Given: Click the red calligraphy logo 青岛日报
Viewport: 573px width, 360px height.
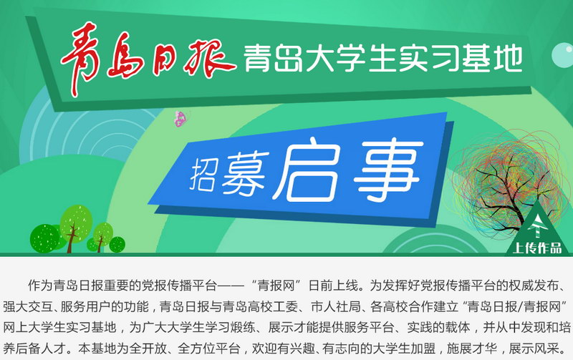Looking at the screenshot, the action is click(148, 59).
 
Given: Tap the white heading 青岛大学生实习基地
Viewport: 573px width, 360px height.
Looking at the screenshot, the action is click(383, 58).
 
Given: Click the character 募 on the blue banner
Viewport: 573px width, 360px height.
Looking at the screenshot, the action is click(245, 172).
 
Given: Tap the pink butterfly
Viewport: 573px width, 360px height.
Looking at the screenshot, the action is click(180, 118).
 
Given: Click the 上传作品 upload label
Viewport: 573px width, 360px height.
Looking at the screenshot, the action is click(536, 248).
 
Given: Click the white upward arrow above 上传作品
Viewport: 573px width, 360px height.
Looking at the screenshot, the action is click(536, 225).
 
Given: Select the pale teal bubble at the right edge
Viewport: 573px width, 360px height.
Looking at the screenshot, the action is click(563, 55).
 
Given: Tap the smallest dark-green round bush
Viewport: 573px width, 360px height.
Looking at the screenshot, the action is click(117, 244).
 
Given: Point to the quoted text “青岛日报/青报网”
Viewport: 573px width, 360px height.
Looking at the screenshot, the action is click(516, 307).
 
